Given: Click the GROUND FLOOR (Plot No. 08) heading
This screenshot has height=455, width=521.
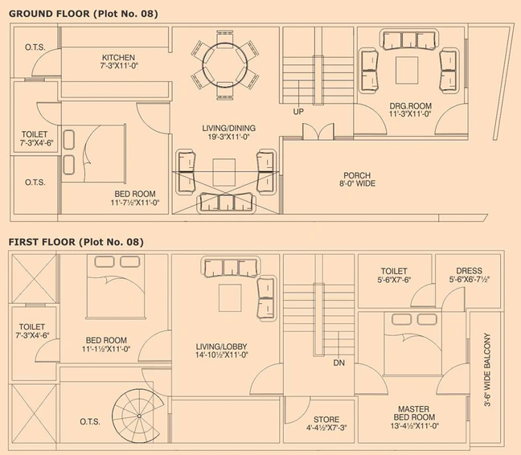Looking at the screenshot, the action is [x=83, y=14].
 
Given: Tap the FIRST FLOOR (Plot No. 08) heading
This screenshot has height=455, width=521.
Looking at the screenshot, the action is [x=76, y=242].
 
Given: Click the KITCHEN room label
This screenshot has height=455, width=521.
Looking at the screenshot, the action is [x=119, y=57].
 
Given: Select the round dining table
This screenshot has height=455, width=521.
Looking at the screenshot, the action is [x=225, y=65].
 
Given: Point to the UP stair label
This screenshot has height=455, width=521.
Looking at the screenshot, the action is [x=298, y=112].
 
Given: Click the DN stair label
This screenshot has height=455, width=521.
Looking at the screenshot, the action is [x=339, y=363].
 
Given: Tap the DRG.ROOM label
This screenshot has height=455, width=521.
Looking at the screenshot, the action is [x=411, y=106].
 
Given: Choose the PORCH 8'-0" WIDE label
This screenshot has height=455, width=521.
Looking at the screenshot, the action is [x=357, y=179].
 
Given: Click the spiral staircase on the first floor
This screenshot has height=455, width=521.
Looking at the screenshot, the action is [x=137, y=416].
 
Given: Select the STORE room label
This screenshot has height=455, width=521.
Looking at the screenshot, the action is [x=326, y=420].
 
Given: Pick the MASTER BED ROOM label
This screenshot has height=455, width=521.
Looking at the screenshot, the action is [x=414, y=413].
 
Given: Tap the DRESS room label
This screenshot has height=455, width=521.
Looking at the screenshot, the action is [x=470, y=271].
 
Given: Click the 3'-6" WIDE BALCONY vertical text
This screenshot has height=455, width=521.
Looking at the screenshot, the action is [x=487, y=370].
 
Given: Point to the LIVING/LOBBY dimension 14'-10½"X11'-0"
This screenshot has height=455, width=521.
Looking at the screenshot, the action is [x=222, y=355].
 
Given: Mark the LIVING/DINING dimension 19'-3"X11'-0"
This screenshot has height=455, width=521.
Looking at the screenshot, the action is [x=228, y=137].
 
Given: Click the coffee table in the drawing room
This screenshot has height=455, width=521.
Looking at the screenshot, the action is [x=407, y=70].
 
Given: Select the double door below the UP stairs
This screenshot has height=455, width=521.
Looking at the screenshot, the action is [x=318, y=132].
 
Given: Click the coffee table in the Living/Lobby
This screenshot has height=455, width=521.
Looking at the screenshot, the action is [x=230, y=298].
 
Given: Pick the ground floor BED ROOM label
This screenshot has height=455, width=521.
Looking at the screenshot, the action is [x=135, y=194].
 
